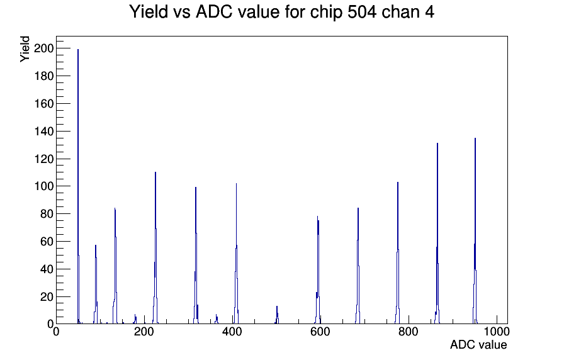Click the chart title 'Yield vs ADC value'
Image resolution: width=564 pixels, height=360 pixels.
point(205,12)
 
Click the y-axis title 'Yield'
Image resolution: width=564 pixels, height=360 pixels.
point(25,49)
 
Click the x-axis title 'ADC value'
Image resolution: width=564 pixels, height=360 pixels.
point(478,344)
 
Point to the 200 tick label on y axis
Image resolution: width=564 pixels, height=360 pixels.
point(43,48)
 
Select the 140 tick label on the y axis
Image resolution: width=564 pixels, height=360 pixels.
point(43,132)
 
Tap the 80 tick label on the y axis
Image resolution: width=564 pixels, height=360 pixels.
point(47,214)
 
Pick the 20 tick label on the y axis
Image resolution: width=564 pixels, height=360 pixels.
point(47,297)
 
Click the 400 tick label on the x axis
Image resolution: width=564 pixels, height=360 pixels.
point(232,331)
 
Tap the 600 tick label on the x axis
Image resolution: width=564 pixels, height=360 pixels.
point(320,331)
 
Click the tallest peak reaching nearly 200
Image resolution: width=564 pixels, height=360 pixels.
point(78,186)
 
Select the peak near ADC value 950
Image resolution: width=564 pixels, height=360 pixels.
point(475,231)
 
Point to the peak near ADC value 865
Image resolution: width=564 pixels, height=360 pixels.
point(437,233)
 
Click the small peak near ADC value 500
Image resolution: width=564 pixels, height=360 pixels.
point(277,315)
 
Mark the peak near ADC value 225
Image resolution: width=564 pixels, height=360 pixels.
point(155,248)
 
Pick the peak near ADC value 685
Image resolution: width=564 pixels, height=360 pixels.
point(358,266)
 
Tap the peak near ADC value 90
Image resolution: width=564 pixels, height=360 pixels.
point(96,284)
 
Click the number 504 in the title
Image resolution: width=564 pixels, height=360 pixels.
point(362,12)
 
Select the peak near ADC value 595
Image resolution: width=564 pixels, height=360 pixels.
point(318,270)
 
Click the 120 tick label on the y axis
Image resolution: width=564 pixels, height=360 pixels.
point(43,159)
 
